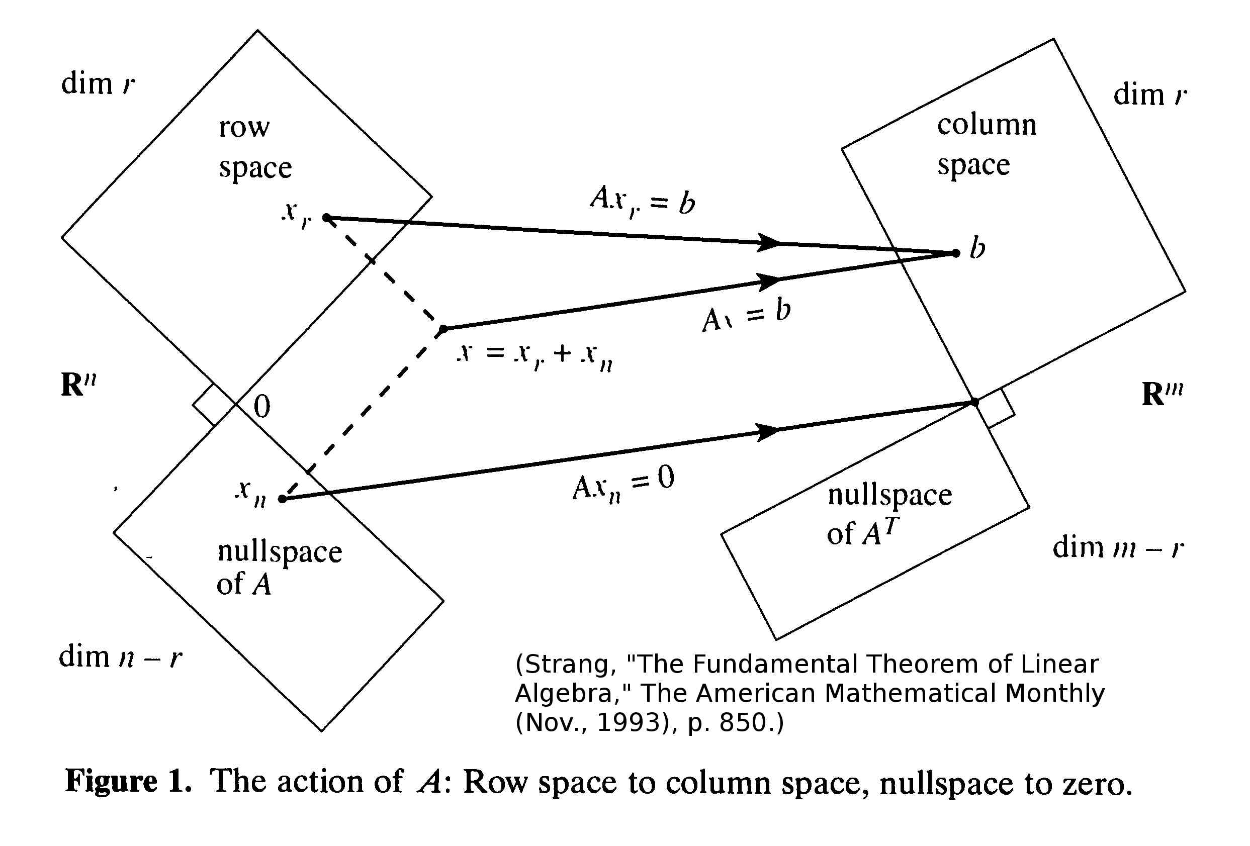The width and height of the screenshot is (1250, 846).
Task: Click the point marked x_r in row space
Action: coord(326,217)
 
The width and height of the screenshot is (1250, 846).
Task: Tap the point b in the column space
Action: coord(956,253)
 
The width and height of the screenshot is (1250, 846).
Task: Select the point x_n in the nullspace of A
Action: coord(282,499)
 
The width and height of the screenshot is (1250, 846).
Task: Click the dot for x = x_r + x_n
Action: coord(443,329)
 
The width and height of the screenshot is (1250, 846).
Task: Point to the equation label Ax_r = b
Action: coord(643,201)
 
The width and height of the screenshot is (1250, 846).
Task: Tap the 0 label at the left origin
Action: coord(261,407)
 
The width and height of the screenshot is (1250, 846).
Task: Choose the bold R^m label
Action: coord(1162,394)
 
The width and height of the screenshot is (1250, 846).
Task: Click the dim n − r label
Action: coord(121,657)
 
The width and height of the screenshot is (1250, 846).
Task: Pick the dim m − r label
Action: coord(1118,548)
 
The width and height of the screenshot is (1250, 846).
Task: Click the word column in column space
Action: coord(987,125)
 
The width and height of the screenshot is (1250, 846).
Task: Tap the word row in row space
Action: coord(244,128)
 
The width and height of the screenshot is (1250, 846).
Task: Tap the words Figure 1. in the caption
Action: coord(128,781)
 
